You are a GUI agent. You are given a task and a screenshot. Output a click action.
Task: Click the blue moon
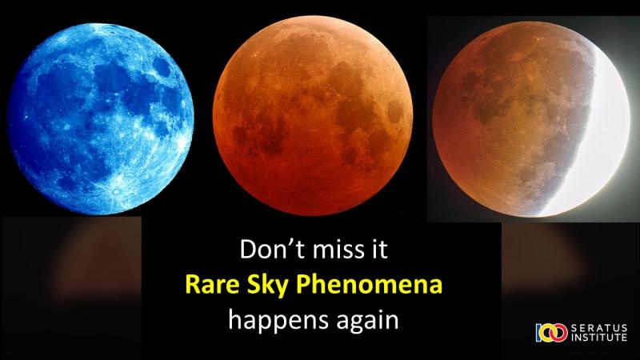[x=101, y=118]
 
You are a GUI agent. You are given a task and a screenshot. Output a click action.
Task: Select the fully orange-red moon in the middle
[x=313, y=115]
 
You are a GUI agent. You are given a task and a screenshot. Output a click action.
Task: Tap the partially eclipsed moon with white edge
[x=531, y=118]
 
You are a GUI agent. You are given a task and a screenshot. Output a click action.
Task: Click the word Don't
[x=270, y=249]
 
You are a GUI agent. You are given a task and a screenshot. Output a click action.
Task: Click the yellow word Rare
[x=212, y=285]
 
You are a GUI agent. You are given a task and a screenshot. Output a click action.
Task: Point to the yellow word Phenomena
[x=370, y=285]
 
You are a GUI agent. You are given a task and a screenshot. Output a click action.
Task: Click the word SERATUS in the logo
[x=598, y=328]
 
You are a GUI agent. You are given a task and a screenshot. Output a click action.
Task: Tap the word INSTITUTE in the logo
[x=598, y=337]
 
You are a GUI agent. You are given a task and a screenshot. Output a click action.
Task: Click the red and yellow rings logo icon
[x=551, y=333]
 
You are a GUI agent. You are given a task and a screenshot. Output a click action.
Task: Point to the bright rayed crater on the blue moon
[x=116, y=190]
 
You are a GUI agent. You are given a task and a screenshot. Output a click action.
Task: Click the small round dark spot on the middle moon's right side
[x=395, y=112]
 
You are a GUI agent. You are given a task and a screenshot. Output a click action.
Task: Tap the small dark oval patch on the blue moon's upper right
[x=162, y=67]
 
